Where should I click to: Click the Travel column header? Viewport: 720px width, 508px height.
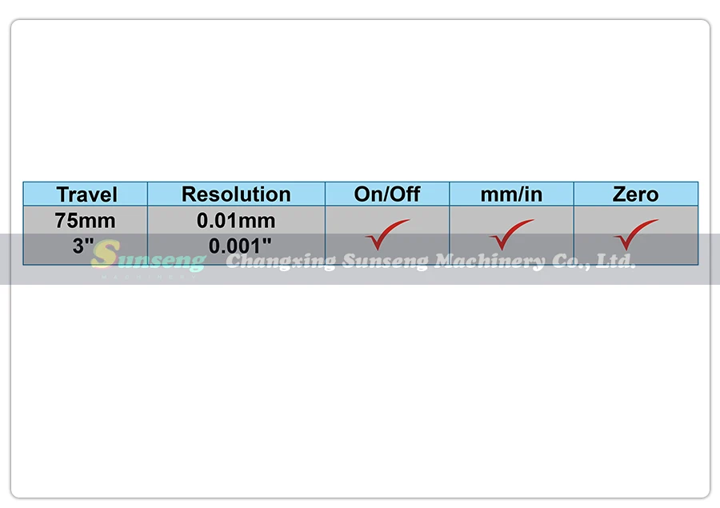click(86, 194)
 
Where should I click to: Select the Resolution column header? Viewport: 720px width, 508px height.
click(236, 194)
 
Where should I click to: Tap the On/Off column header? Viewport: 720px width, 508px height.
click(387, 194)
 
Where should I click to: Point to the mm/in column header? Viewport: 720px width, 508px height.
click(511, 194)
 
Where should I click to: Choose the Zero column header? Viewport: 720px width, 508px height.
click(635, 194)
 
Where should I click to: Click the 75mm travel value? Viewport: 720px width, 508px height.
click(86, 220)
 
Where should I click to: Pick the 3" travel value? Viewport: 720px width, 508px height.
click(84, 246)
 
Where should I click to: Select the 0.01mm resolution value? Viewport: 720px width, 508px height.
click(236, 220)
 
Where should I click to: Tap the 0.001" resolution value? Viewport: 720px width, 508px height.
click(240, 246)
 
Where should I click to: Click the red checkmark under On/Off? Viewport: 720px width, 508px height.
click(387, 234)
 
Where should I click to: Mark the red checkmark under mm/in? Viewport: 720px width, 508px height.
click(511, 234)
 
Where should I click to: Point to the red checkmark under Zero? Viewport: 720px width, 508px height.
click(635, 234)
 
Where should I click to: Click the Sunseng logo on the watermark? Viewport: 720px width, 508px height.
click(147, 258)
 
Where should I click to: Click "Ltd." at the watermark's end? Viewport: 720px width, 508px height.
click(617, 261)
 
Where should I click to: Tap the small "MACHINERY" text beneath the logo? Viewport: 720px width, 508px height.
click(149, 278)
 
